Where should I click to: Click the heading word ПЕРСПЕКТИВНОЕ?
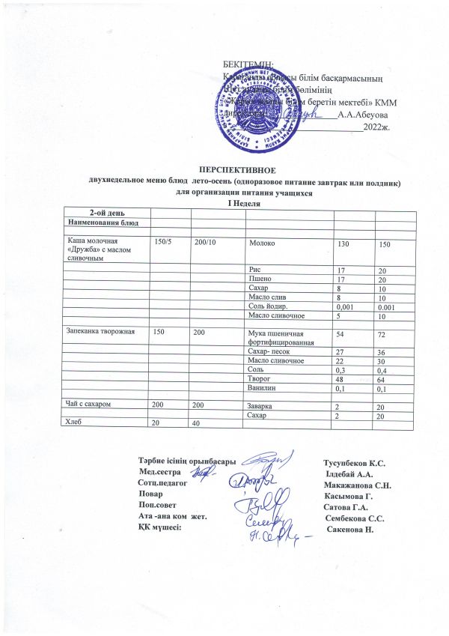[x=236, y=172]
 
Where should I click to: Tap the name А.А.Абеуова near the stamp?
[x=363, y=115]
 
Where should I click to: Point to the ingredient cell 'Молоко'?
[x=263, y=244]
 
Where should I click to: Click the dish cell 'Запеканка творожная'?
[x=94, y=331]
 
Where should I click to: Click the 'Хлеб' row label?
[x=72, y=423]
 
